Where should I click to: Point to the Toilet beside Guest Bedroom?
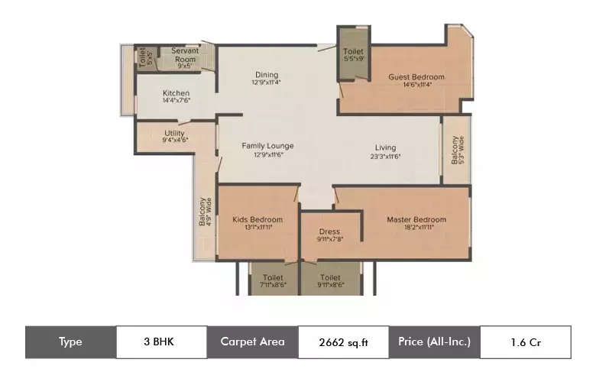[x=354, y=53]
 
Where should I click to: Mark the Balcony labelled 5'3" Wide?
[x=455, y=150]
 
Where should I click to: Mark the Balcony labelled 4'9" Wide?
[x=204, y=212]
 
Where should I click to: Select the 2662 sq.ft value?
[x=343, y=342]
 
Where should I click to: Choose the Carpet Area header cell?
[x=252, y=342]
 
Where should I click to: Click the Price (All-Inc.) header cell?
[x=434, y=342]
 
